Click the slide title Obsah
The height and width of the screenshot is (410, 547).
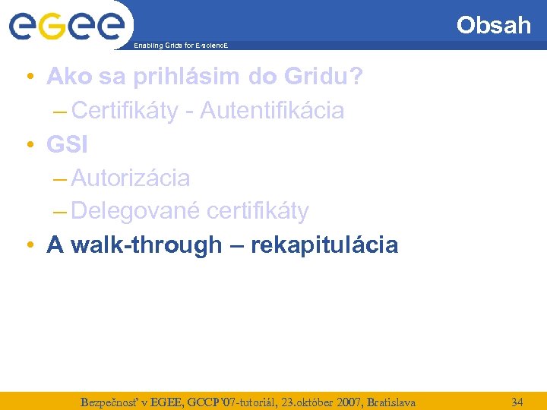[x=493, y=25]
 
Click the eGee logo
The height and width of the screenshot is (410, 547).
[x=66, y=26]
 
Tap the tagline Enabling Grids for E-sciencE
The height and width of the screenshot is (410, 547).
[x=180, y=46]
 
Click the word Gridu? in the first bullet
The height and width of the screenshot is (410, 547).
[x=332, y=77]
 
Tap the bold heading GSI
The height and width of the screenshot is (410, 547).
[x=68, y=144]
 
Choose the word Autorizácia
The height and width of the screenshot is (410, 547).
[x=130, y=178]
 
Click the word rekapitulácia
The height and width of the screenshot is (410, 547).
[x=324, y=245]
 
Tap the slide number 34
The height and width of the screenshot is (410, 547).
[x=517, y=401]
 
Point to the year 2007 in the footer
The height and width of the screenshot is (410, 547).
[x=329, y=402]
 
